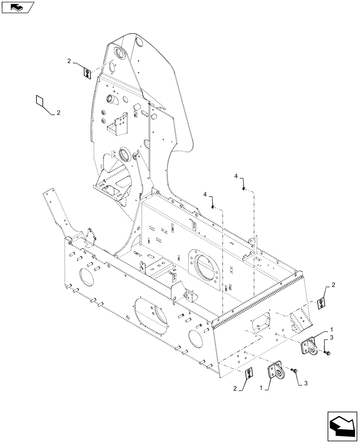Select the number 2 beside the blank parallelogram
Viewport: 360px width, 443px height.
pos(59,113)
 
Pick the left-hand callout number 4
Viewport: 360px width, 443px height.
pos(205,194)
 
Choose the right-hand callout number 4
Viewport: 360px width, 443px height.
pos(236,177)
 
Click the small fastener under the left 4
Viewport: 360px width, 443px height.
pos(214,206)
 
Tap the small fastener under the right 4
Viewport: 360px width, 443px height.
pos(244,189)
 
